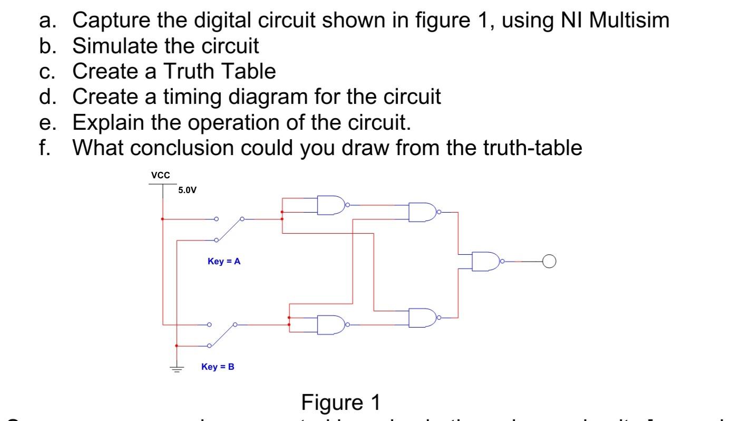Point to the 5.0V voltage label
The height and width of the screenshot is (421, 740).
click(x=187, y=190)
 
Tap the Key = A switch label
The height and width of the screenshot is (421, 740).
click(x=224, y=261)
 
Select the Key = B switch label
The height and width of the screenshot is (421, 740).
click(x=218, y=367)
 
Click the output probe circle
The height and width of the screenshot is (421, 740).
click(x=550, y=261)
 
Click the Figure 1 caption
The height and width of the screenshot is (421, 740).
click(x=340, y=403)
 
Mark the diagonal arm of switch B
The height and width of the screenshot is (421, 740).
click(x=222, y=335)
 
